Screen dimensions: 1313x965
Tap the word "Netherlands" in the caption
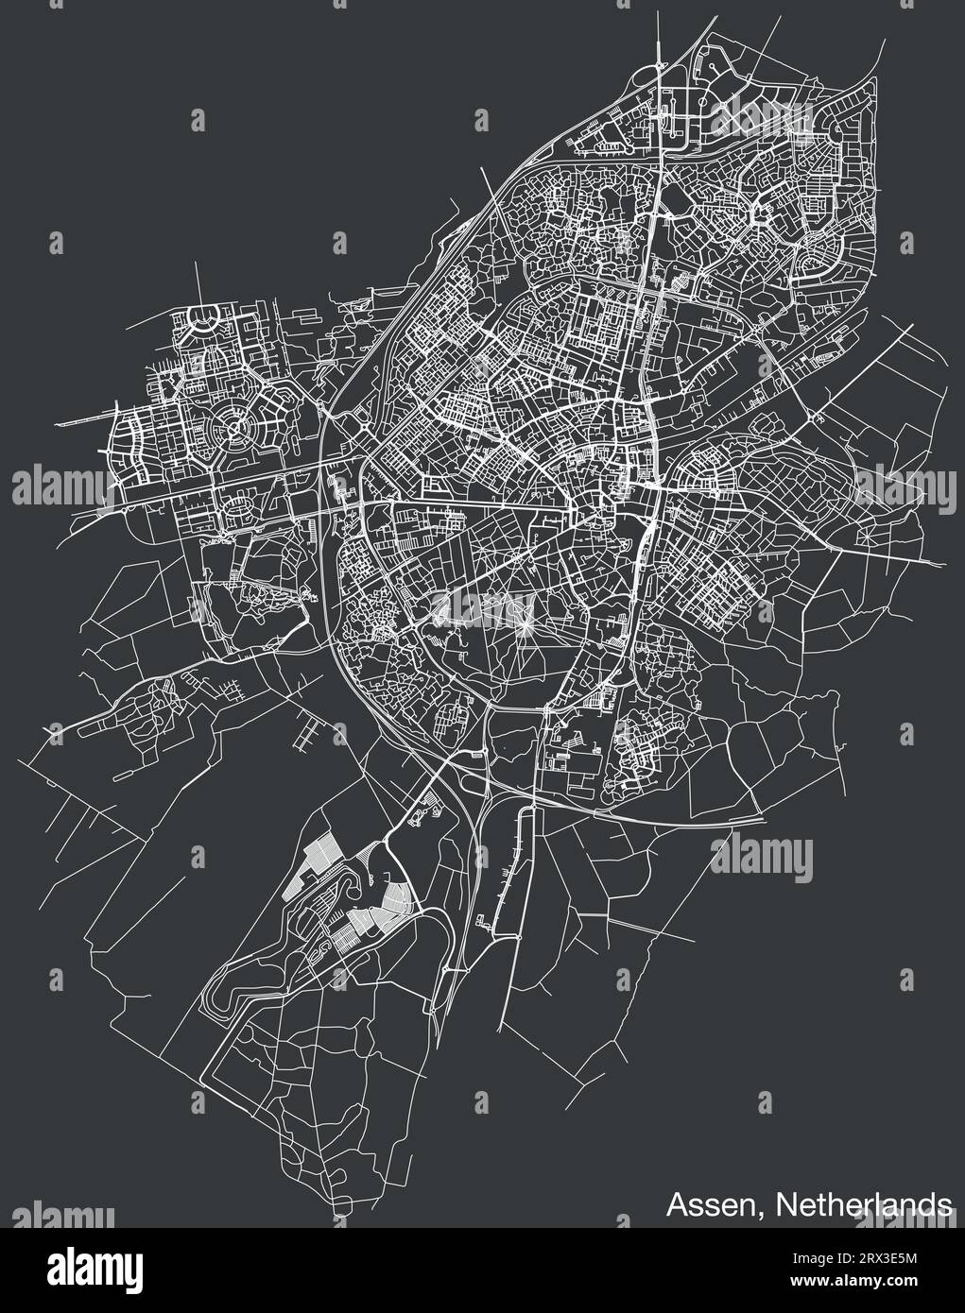pyautogui.click(x=865, y=1204)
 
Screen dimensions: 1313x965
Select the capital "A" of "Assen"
pyautogui.click(x=675, y=1204)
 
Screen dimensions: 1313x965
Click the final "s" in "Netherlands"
pyautogui.click(x=945, y=1206)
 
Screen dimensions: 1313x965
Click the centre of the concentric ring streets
pyautogui.click(x=234, y=431)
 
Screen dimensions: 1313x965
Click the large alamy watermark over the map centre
pyautogui.click(x=482, y=605)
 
